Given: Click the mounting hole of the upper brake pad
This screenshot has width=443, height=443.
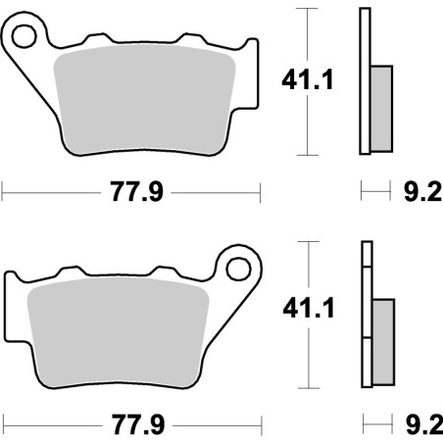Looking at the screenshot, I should (25, 37).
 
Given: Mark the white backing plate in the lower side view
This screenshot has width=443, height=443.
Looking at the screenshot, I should (366, 314).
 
